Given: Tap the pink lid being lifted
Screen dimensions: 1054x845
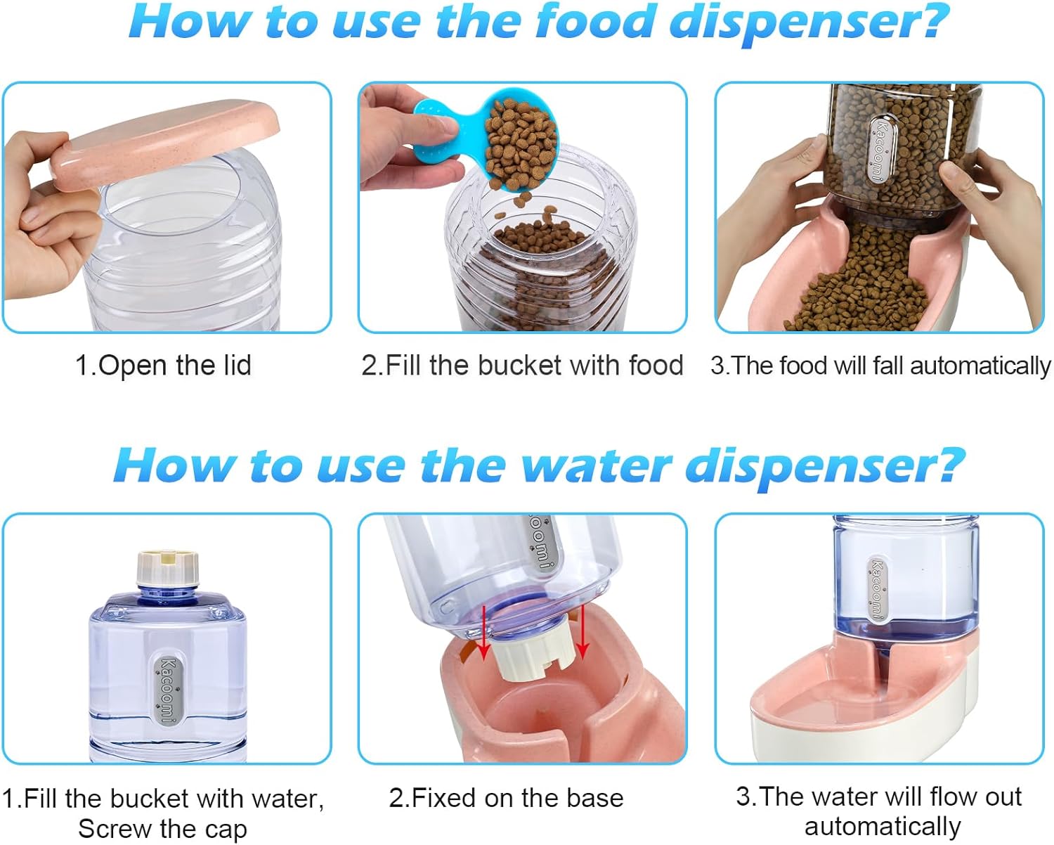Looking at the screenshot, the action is [167, 142].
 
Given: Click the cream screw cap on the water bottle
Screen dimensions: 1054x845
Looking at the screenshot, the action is [167, 567].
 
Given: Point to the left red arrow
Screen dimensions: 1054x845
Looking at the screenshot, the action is [484, 632].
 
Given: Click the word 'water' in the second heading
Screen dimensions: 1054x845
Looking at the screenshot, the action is [596, 465].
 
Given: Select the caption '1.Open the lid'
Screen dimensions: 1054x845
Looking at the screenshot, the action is [164, 365].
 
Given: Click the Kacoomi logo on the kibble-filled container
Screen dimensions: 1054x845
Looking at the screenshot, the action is [880, 151].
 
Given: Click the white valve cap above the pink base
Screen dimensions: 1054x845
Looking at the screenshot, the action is [534, 657].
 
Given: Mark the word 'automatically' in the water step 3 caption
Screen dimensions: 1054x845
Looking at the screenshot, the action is [883, 827].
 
